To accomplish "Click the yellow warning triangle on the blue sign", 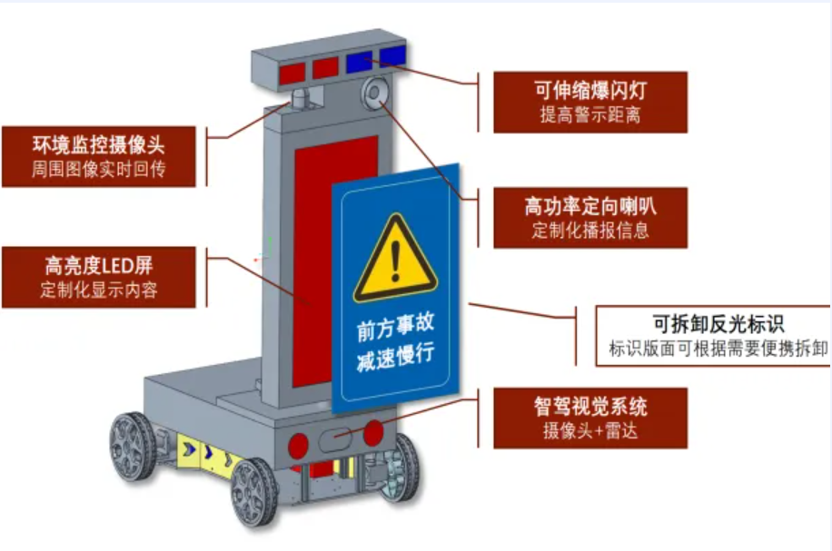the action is click(395, 259).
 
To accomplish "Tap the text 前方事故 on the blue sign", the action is click(395, 326).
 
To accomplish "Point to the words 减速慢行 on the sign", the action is click(395, 356).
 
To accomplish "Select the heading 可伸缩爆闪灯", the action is click(590, 90).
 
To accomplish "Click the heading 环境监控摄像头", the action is click(98, 144).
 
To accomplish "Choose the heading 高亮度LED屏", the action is click(99, 265).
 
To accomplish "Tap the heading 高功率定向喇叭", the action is click(590, 206).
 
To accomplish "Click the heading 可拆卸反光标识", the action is click(718, 323).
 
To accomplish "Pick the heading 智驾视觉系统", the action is click(590, 407).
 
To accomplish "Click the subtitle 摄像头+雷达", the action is click(590, 430).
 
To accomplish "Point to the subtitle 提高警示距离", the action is click(590, 114).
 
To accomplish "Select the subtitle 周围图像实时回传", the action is click(98, 169).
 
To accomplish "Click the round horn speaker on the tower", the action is click(374, 93).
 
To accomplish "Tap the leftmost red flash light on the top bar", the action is click(292, 73).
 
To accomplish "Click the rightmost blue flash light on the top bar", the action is click(392, 55).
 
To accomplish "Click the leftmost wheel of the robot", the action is click(133, 446).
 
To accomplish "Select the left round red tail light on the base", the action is click(298, 445).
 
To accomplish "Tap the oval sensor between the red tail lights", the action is click(335, 440).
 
